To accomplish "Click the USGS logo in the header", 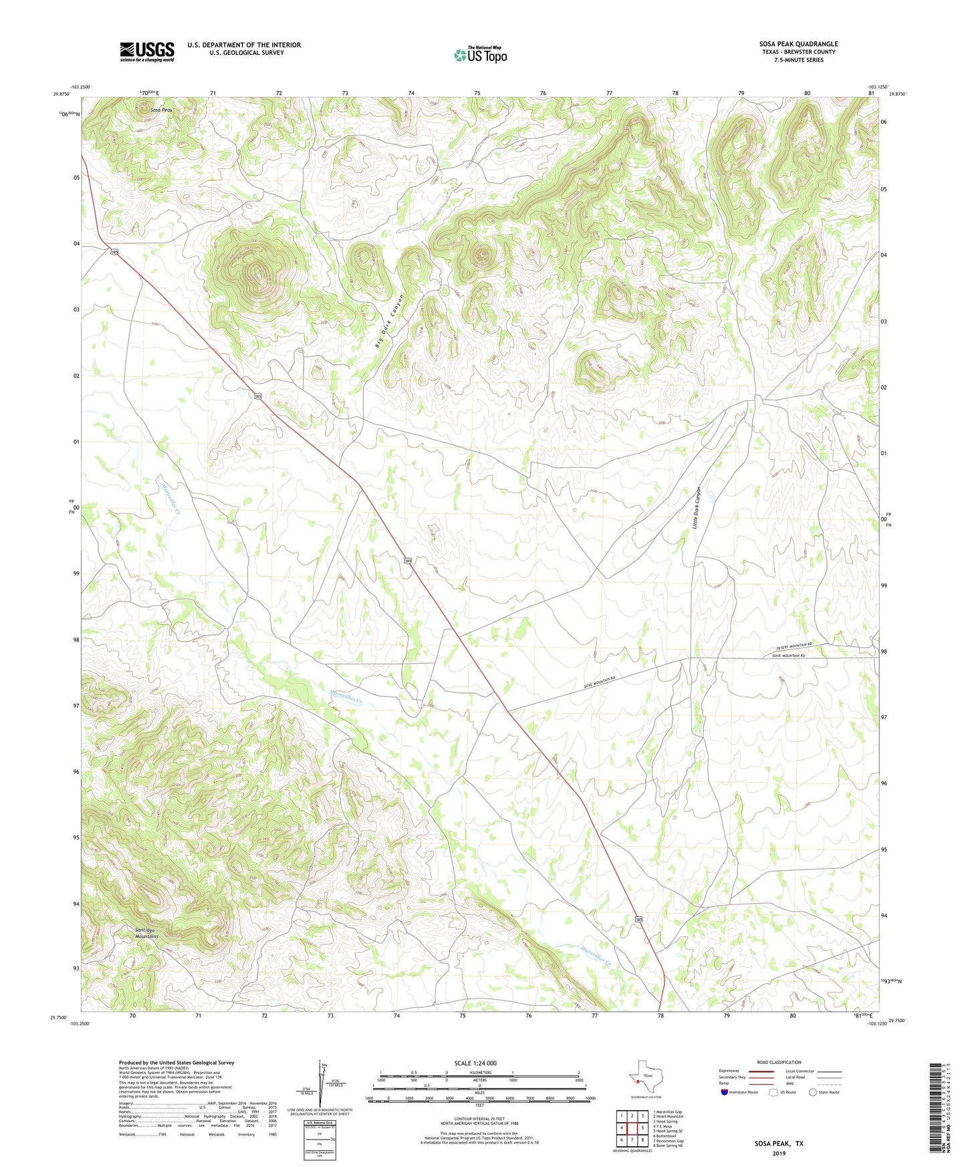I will (x=147, y=51).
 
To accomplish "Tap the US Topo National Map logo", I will (x=479, y=54).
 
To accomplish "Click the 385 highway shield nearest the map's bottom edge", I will (x=639, y=920).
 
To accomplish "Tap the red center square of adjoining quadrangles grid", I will (x=632, y=1128).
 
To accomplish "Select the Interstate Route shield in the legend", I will (x=725, y=1092).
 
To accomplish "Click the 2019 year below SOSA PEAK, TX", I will (x=779, y=1153).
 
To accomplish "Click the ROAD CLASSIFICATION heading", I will (x=779, y=1062).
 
